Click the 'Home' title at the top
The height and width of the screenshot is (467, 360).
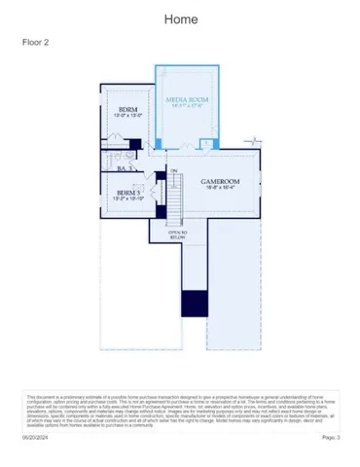click(180, 19)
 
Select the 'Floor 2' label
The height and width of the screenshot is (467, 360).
click(36, 43)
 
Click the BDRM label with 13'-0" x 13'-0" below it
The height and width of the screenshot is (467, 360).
click(127, 109)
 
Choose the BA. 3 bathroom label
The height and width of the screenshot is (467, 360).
click(124, 169)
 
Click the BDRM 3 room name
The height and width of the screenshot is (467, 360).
click(128, 193)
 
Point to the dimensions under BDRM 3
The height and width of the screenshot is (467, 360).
click(129, 199)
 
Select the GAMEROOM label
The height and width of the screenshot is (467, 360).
click(220, 182)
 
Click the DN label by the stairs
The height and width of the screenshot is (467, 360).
click(173, 172)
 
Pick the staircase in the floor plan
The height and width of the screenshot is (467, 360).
click(176, 199)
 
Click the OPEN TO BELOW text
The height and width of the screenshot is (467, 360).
click(177, 233)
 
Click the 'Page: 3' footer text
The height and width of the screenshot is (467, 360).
click(331, 438)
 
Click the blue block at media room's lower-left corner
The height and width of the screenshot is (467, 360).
click(159, 144)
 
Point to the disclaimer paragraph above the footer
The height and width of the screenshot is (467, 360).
click(180, 410)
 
